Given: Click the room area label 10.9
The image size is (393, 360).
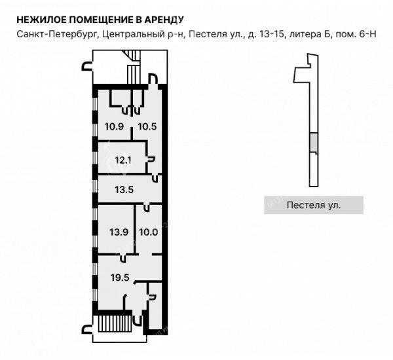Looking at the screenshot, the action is pyautogui.click(x=114, y=126).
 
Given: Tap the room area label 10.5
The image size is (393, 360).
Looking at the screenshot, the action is pyautogui.click(x=147, y=126).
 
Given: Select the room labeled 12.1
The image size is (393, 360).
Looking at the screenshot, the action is pyautogui.click(x=123, y=160).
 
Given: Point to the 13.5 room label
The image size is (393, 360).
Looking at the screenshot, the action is pyautogui.click(x=124, y=190).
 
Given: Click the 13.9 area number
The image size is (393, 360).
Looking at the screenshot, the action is pyautogui.click(x=119, y=232).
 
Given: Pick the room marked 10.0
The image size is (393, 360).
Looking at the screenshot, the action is pyautogui.click(x=149, y=232).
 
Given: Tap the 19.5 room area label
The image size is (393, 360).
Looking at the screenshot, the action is pyautogui.click(x=120, y=278).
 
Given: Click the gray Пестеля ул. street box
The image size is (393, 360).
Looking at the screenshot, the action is pyautogui.click(x=314, y=205).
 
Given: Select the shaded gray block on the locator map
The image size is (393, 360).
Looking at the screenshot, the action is pyautogui.click(x=314, y=143).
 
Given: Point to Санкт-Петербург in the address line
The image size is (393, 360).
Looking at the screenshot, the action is pyautogui.click(x=56, y=34).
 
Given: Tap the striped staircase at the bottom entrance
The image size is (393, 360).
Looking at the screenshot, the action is pyautogui.click(x=115, y=323).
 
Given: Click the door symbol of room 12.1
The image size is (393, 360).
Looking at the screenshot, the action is pyautogui.click(x=151, y=160).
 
